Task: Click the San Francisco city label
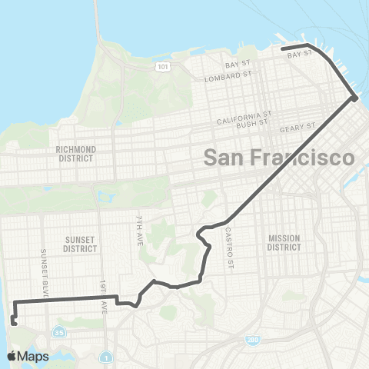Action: [278, 158]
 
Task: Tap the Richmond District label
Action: [75, 153]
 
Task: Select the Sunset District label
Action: [81, 244]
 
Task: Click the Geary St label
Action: [298, 128]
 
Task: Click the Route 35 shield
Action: [59, 332]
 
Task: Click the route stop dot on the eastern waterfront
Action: [354, 98]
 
